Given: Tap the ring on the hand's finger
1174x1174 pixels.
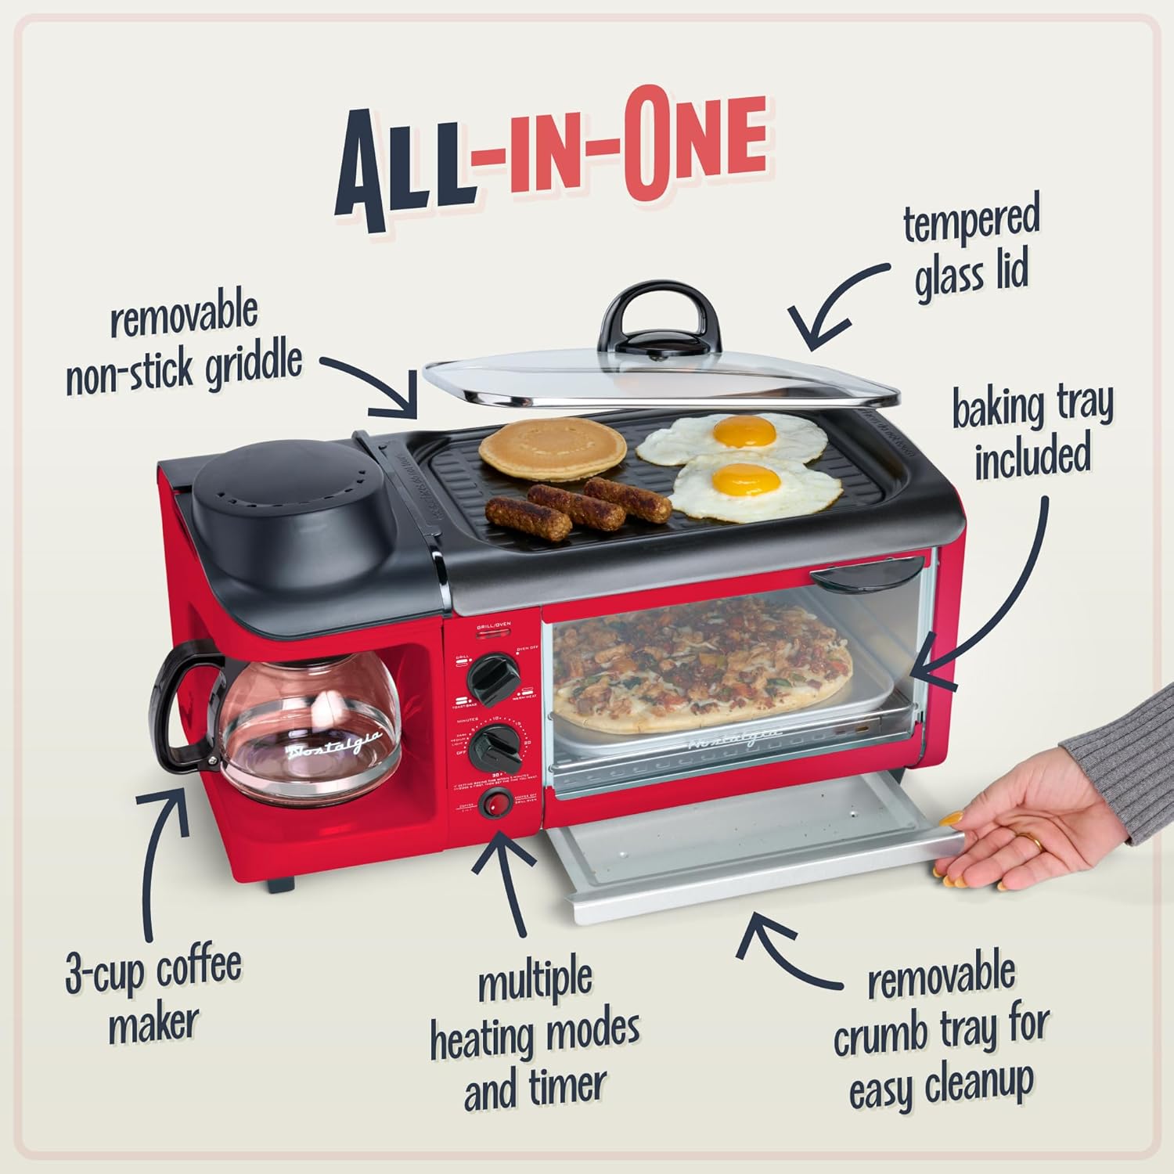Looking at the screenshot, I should (1034, 844).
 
